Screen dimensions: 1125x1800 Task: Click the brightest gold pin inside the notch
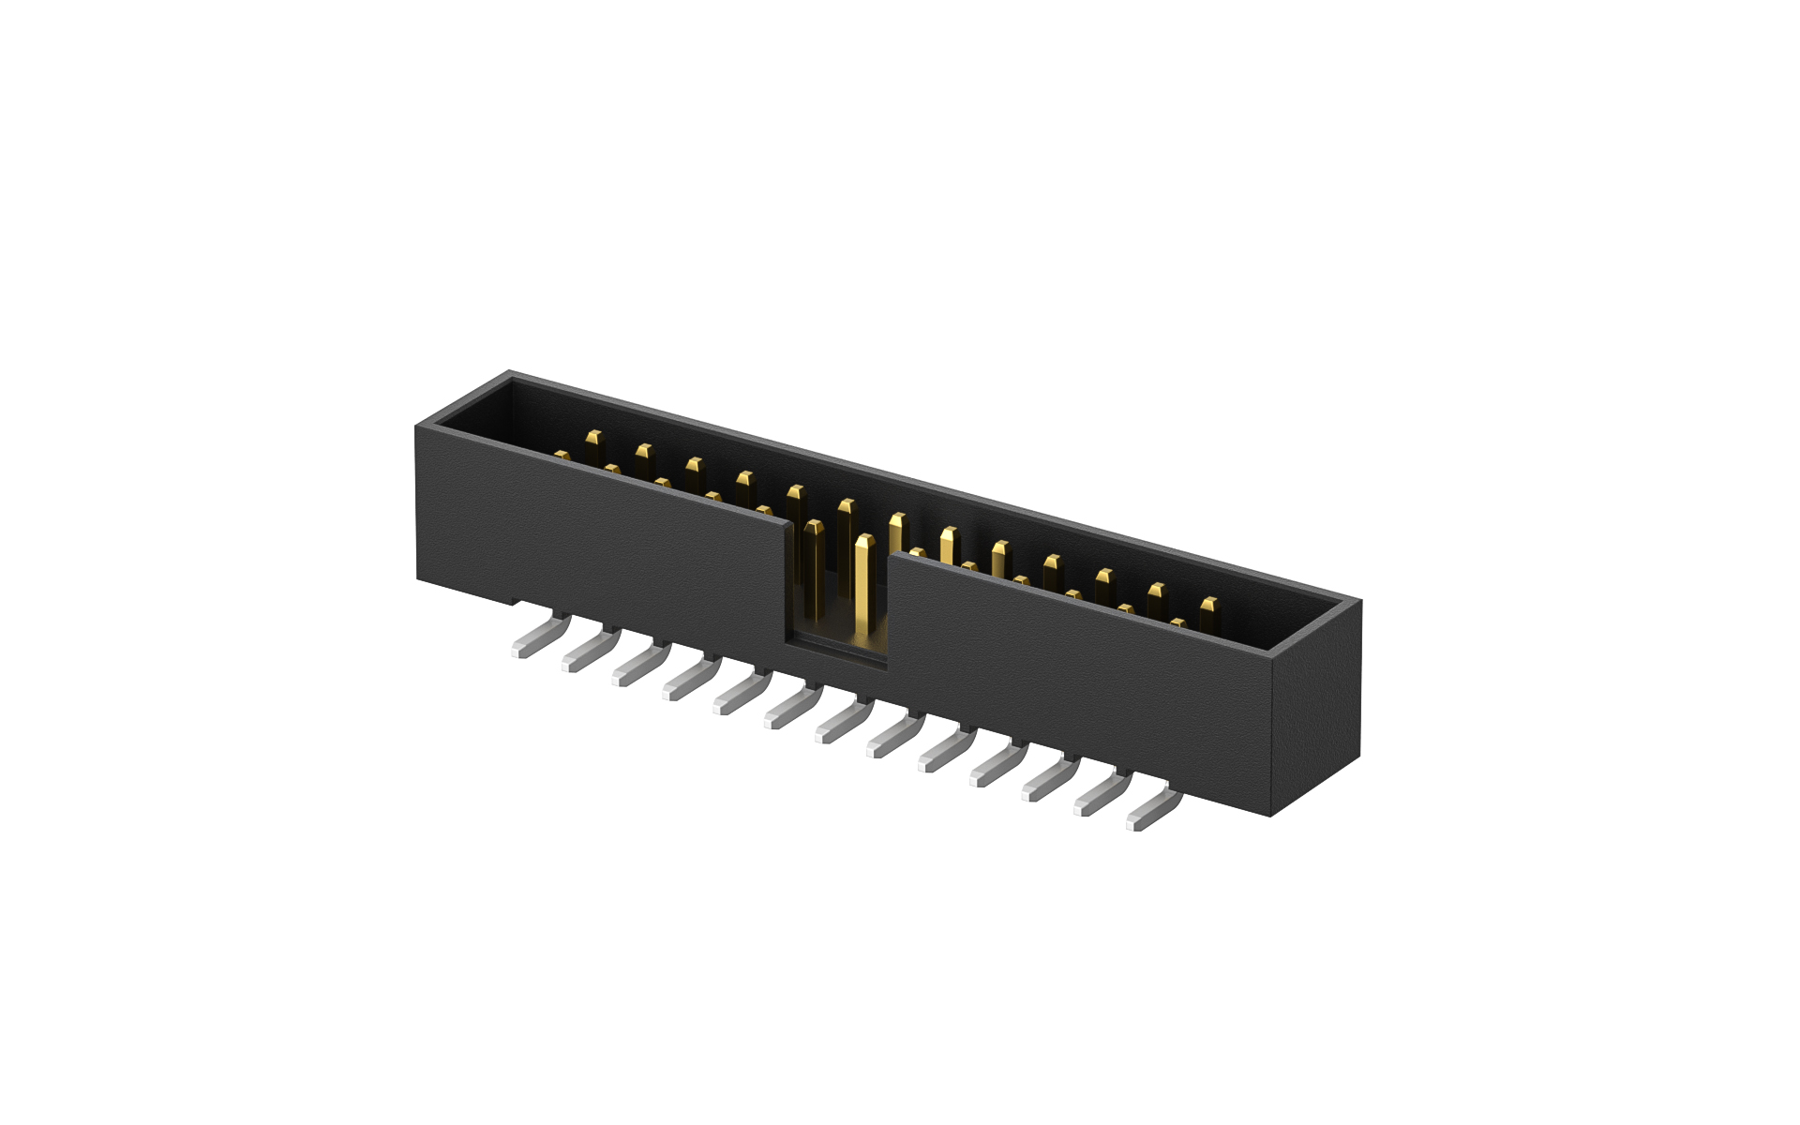(863, 591)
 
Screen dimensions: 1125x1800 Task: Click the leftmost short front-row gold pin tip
(562, 456)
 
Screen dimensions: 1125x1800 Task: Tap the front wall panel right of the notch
(1078, 684)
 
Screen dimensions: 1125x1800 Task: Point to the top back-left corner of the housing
(511, 373)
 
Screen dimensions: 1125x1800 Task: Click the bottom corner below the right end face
(1271, 815)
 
